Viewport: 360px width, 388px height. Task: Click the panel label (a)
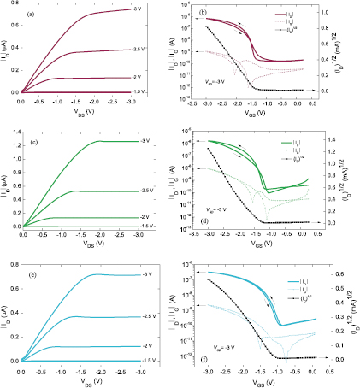32,14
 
